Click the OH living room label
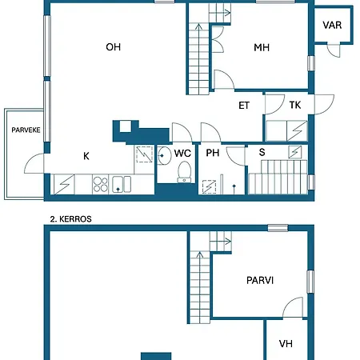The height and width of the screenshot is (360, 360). click(114, 47)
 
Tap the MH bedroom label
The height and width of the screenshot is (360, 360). click(262, 47)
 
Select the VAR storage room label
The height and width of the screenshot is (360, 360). click(332, 25)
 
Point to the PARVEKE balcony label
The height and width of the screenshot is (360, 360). click(26, 130)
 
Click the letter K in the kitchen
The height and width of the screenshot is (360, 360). click(86, 156)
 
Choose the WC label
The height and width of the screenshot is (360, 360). click(182, 153)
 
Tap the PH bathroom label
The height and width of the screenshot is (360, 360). click(213, 153)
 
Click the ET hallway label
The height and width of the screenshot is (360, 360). click(244, 106)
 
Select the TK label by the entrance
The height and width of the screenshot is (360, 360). click(295, 105)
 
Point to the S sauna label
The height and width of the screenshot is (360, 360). click(262, 152)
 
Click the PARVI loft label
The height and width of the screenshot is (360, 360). click(260, 281)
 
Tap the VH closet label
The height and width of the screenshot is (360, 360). click(286, 344)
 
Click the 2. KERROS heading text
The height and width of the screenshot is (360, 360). click(71, 219)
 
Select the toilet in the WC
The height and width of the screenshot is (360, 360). click(184, 173)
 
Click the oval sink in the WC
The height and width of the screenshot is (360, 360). click(165, 155)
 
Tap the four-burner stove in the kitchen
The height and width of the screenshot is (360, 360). click(101, 185)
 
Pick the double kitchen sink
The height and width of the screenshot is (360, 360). click(122, 184)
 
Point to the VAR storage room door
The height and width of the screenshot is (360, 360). click(334, 50)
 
